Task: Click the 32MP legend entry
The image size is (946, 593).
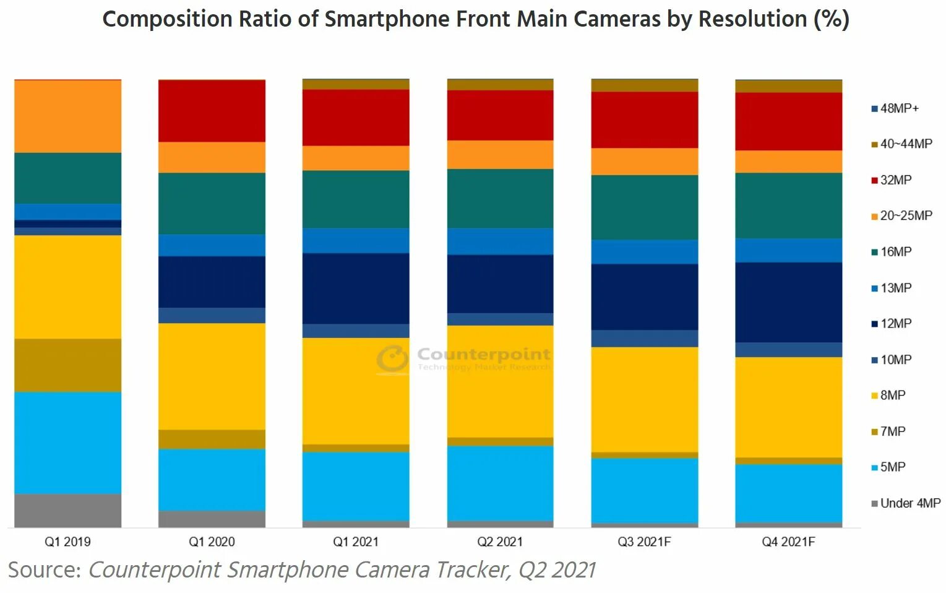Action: pos(895,180)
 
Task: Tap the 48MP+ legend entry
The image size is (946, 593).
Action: pos(898,108)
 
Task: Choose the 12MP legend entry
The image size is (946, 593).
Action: pos(895,324)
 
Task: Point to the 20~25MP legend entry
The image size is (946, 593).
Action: pos(905,216)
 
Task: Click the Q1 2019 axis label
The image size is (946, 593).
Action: pos(67,542)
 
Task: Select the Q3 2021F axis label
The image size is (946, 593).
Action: pos(644,542)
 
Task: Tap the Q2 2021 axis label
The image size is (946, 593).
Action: pos(500,542)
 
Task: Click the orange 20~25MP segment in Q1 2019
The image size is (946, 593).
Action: pos(67,116)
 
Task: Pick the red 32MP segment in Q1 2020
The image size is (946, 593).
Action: pos(212,111)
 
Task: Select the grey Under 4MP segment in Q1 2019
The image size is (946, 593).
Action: pos(67,511)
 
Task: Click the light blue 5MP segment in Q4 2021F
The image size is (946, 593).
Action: pos(788,493)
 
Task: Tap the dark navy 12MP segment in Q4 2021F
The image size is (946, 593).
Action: pos(788,302)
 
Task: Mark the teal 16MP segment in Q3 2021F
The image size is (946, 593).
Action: pos(644,207)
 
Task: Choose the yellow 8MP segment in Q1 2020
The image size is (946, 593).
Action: pos(212,376)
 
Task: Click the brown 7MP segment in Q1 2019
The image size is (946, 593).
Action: pos(67,365)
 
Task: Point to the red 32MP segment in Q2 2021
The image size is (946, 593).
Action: pos(500,115)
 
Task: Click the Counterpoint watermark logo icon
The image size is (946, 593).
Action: pos(393,359)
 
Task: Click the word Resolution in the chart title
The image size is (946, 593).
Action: pos(752,19)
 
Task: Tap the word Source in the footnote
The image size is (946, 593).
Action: pos(44,569)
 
